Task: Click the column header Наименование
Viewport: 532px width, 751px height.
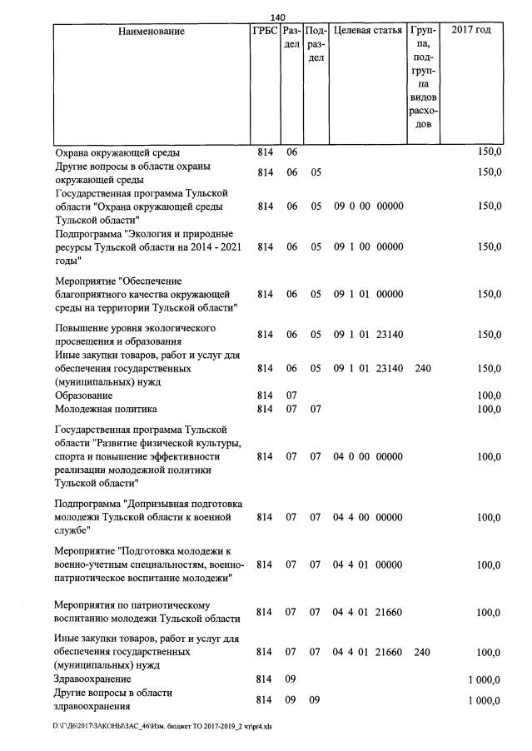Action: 152,32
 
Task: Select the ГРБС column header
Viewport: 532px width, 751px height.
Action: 265,32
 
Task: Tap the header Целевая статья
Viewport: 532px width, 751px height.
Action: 367,32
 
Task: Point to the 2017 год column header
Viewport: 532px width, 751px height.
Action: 470,32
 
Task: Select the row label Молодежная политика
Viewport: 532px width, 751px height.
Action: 106,409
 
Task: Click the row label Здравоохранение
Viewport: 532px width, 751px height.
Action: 92,679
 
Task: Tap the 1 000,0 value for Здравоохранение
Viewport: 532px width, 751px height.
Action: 485,679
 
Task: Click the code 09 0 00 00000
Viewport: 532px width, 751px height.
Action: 368,206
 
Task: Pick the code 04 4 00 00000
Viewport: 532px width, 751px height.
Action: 368,517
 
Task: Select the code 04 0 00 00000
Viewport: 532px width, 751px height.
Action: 368,456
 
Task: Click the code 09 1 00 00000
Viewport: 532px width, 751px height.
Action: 368,246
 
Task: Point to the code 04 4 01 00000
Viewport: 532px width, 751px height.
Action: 368,564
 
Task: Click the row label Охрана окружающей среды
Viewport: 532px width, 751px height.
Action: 117,152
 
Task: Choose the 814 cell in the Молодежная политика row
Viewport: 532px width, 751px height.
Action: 265,409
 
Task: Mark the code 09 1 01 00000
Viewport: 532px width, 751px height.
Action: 368,294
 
